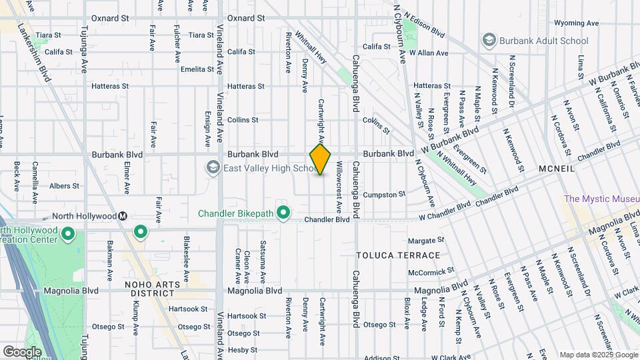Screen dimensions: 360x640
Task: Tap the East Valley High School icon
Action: tap(213, 167)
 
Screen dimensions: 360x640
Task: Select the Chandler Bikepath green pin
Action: tap(283, 213)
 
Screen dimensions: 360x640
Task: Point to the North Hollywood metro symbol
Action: tap(123, 216)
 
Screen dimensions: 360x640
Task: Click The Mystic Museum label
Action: tap(599, 199)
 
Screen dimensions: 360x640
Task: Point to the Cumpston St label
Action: tap(385, 194)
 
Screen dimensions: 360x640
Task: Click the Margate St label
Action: tap(426, 240)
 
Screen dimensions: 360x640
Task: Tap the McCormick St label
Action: tap(431, 271)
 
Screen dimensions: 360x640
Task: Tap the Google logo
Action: tap(22, 351)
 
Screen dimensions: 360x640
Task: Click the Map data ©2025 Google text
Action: tap(598, 355)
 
